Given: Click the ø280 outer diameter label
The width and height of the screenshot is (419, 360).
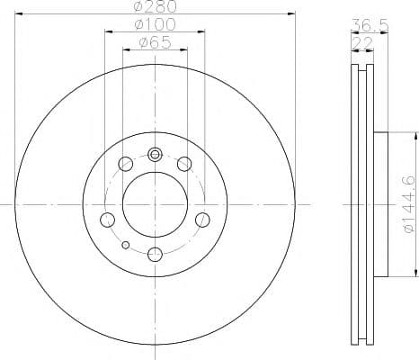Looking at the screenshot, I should tap(155, 7).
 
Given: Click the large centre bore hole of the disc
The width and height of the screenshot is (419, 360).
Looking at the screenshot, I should tap(155, 204).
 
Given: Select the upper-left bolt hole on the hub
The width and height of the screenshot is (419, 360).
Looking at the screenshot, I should tap(126, 163).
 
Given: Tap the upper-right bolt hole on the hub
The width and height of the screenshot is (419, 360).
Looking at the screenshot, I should tap(184, 163).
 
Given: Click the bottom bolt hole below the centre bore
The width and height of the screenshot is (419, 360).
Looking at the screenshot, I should tap(155, 254).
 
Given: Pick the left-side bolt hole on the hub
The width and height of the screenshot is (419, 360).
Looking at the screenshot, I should tap(107, 219).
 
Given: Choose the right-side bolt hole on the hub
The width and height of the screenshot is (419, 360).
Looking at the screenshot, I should tap(202, 219).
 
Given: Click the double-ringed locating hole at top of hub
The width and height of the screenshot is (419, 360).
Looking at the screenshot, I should tap(155, 153).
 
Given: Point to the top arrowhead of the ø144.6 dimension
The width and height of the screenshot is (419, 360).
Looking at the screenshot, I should tap(415, 137).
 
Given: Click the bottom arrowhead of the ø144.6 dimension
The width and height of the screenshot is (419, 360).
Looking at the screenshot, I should tap(415, 274).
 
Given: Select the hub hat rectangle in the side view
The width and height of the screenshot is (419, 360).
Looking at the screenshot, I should tap(379, 204).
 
